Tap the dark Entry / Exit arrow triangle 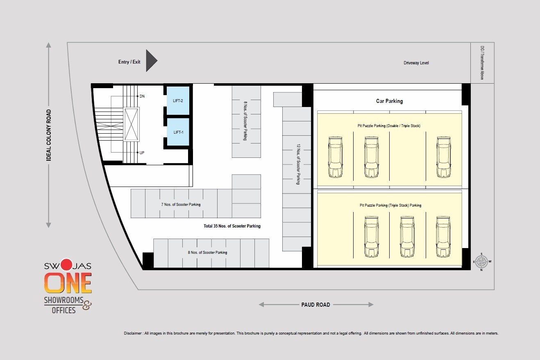pyautogui.click(x=151, y=61)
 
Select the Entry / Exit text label pyautogui.click(x=129, y=62)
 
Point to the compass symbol pyautogui.click(x=482, y=262)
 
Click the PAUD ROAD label pyautogui.click(x=315, y=305)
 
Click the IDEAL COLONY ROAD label pyautogui.click(x=49, y=135)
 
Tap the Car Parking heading pyautogui.click(x=389, y=101)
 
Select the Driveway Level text pyautogui.click(x=416, y=63)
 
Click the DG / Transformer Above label pyautogui.click(x=482, y=63)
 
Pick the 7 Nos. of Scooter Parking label pyautogui.click(x=181, y=204)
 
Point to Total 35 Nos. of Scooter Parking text pyautogui.click(x=232, y=226)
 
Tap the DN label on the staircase pyautogui.click(x=142, y=96)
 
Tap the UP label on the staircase pyautogui.click(x=142, y=153)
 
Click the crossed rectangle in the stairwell pyautogui.click(x=132, y=124)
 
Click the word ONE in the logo pyautogui.click(x=68, y=283)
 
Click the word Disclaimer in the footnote pyautogui.click(x=133, y=333)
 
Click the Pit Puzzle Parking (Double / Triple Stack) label pyautogui.click(x=390, y=126)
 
